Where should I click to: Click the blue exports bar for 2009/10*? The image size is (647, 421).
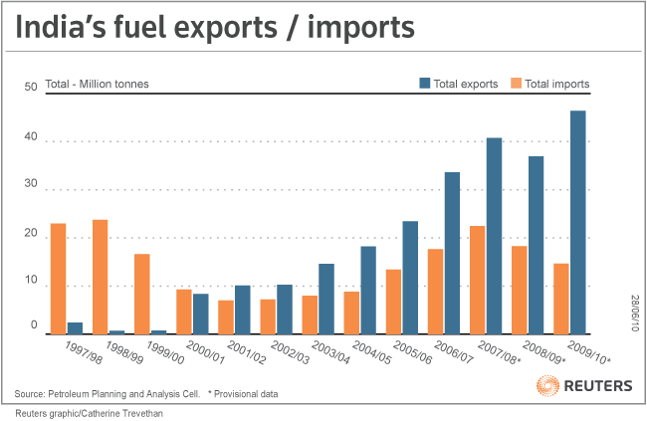coord(577,222)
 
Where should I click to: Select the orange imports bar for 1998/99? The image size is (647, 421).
coord(101,277)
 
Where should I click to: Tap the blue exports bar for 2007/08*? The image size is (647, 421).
coord(494,236)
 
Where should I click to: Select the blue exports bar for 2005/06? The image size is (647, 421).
coord(410,278)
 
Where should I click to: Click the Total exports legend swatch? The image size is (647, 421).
coord(424,84)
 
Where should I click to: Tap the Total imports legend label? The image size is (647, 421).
coord(556,84)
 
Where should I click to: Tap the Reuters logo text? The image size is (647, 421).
coord(598,385)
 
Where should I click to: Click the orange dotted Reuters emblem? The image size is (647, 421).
coord(547,385)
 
